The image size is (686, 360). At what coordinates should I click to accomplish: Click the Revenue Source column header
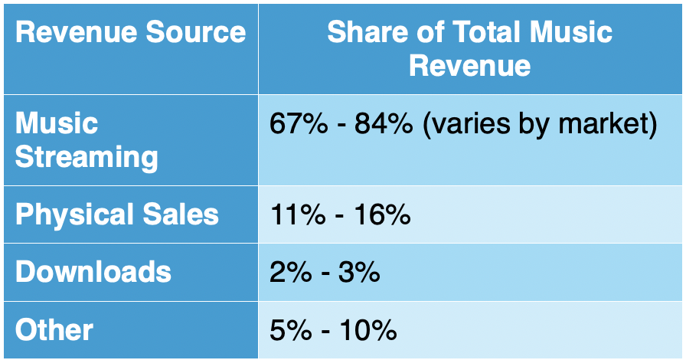[130, 32]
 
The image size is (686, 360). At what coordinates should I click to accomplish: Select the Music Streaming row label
[87, 140]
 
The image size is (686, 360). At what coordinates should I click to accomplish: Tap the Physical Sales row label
[116, 214]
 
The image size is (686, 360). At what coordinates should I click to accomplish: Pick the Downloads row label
[93, 272]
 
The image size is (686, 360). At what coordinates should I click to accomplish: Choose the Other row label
[54, 330]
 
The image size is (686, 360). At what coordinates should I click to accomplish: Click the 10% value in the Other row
[368, 331]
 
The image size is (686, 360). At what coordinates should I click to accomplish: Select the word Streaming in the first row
[87, 157]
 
